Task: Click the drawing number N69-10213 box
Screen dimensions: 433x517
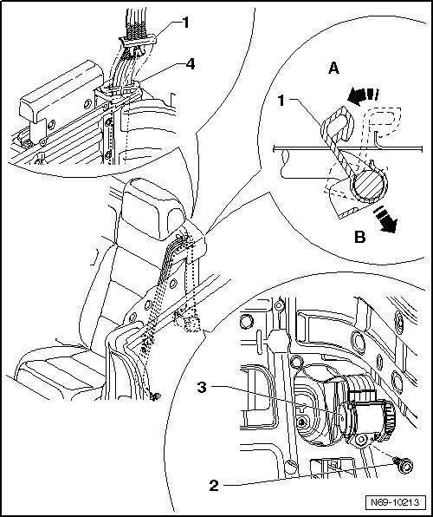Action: (395, 502)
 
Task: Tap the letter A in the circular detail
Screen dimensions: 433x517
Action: (334, 69)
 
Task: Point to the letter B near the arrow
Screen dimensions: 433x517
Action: (360, 237)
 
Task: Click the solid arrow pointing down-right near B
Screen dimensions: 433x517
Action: (385, 220)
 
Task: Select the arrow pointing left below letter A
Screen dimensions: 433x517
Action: (363, 95)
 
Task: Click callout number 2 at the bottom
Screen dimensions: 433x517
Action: (214, 486)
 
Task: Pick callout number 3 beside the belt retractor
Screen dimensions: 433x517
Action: (202, 387)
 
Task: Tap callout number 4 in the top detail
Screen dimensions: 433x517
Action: (191, 64)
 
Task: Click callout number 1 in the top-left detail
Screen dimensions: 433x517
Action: (186, 23)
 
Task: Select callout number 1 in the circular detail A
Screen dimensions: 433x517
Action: (281, 101)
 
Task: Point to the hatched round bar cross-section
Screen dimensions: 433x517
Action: (369, 186)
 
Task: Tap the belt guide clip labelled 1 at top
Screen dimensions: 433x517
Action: (138, 44)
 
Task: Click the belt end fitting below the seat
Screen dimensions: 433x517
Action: (154, 396)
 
